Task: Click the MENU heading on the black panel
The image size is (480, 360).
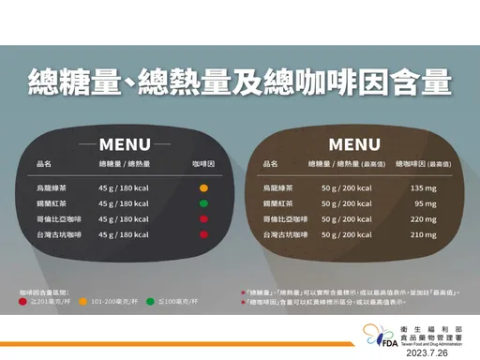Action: click(125, 145)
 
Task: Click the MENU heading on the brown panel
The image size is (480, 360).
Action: click(354, 145)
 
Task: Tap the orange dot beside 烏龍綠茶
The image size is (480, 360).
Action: click(203, 188)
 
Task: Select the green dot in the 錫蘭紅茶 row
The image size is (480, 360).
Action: click(203, 203)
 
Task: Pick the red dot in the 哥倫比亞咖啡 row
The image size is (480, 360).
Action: click(203, 219)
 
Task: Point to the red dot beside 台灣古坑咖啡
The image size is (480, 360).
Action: click(203, 234)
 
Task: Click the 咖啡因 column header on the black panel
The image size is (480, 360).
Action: click(203, 164)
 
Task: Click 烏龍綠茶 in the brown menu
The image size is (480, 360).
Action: click(279, 188)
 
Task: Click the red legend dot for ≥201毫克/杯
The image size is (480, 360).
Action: click(22, 303)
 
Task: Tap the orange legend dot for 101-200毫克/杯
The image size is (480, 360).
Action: click(82, 303)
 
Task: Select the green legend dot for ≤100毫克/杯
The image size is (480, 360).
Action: click(150, 303)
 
